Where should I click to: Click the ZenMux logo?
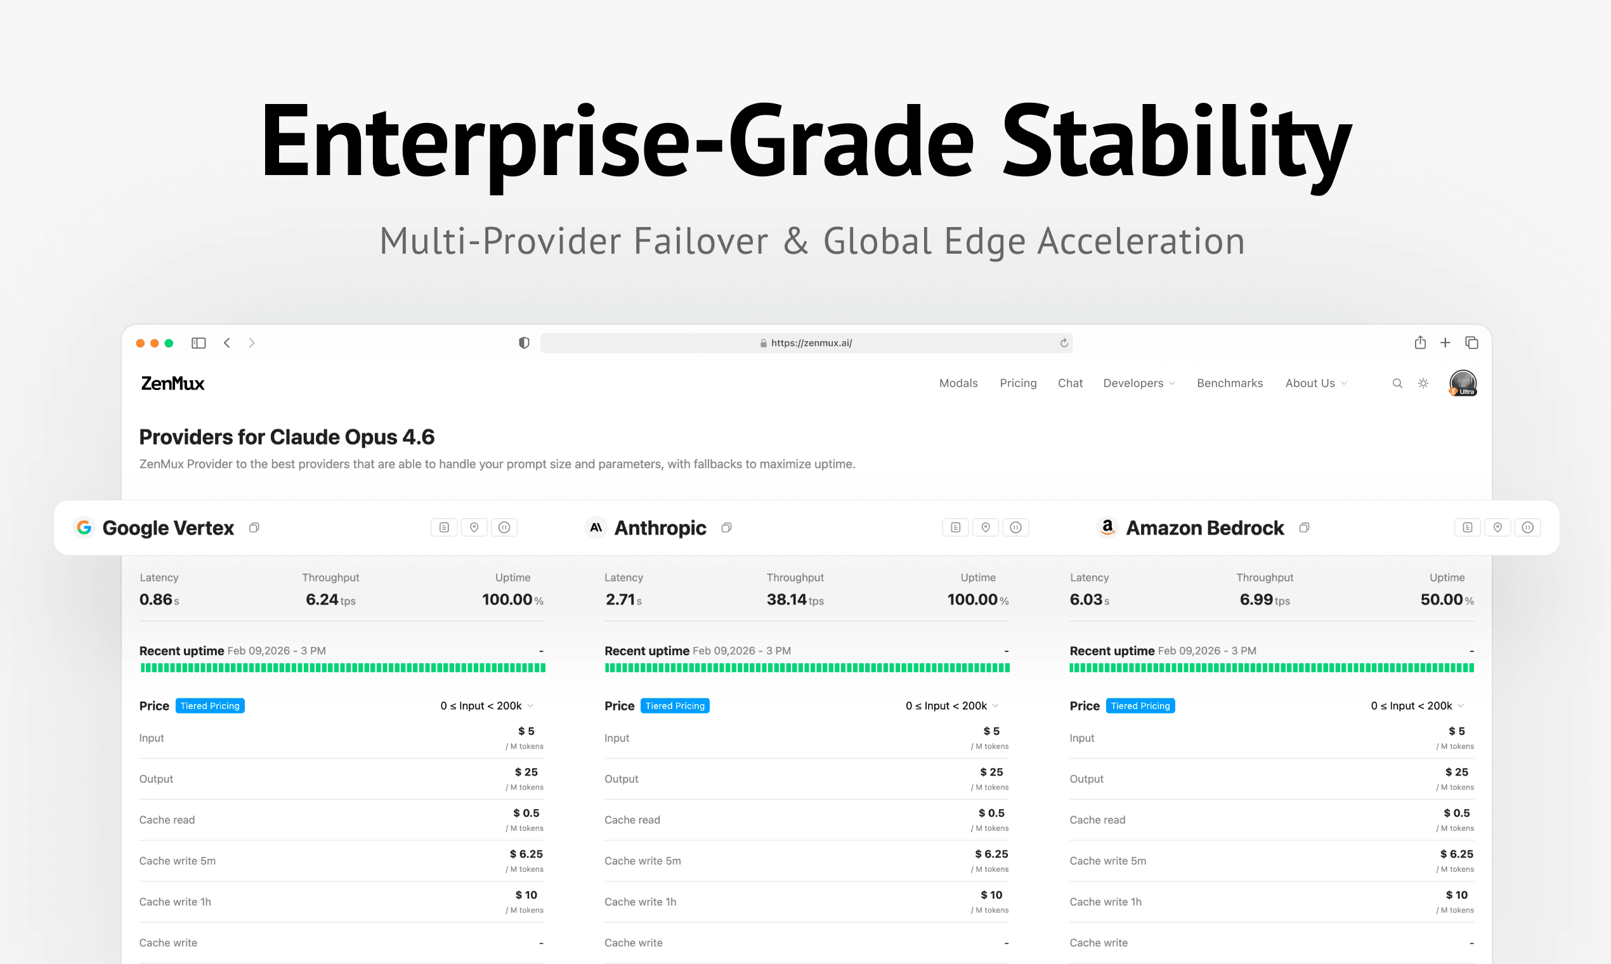(173, 383)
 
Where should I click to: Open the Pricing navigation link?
(1018, 383)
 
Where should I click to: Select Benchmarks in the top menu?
(1230, 383)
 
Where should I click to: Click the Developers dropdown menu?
(1138, 383)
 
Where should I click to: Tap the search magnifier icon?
(1397, 383)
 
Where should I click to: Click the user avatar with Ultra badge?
(1463, 383)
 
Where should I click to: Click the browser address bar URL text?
(811, 343)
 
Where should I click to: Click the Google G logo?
(84, 528)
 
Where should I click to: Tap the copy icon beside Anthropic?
(726, 528)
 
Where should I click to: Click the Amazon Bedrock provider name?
(1204, 528)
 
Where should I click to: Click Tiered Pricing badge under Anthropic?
(675, 706)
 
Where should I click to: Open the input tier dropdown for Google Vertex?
(486, 706)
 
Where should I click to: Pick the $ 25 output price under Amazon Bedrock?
(1456, 772)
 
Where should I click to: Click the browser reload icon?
(1064, 343)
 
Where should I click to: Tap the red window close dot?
(140, 343)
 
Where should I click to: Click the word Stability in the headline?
(1176, 143)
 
